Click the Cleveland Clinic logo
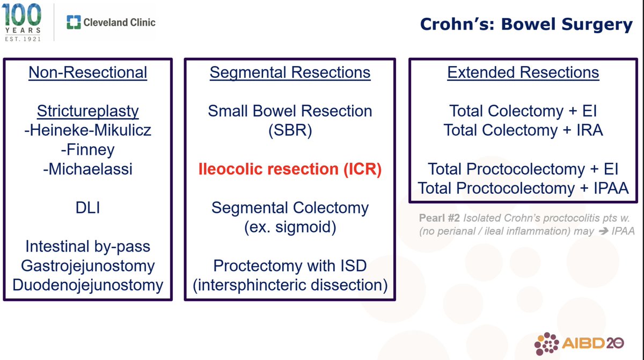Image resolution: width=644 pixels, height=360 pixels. coord(111,22)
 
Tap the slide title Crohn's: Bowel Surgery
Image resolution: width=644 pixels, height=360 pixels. coord(526,24)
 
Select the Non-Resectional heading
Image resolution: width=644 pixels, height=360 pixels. coord(87,72)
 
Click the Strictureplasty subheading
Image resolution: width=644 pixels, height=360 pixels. coord(87,111)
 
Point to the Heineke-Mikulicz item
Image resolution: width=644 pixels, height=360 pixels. coord(87,130)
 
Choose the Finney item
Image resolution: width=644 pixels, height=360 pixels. coord(87,150)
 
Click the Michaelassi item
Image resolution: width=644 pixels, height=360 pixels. coord(87,169)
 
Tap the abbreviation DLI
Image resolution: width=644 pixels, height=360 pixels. coord(87,208)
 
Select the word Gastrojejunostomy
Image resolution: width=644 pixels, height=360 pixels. coord(87,266)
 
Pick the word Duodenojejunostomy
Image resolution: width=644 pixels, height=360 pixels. coord(87,285)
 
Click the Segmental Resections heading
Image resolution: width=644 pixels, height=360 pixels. coord(290,72)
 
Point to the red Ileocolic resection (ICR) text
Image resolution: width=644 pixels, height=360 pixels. coord(290,169)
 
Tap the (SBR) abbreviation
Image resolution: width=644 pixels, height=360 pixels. coord(290,130)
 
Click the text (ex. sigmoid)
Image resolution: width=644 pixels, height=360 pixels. coord(290,227)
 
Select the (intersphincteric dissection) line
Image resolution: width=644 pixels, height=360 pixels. coord(290,285)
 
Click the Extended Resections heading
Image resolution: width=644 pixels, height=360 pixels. coord(523,72)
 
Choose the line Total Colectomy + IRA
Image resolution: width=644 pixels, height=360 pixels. coord(523,130)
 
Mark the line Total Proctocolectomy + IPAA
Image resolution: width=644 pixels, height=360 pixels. coord(523,188)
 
